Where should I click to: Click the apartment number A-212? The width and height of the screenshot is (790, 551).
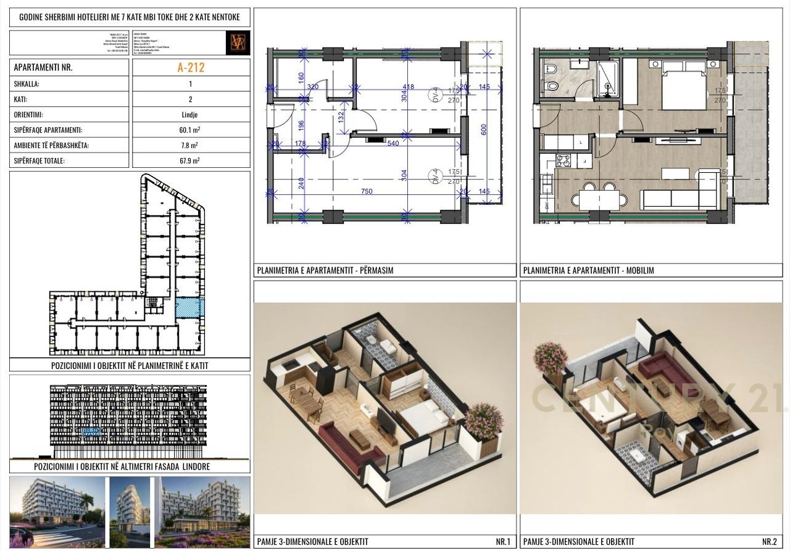[x=191, y=68]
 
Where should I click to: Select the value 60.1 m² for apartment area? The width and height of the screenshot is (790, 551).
[x=191, y=130]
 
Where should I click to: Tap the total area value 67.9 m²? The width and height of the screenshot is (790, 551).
[x=191, y=161]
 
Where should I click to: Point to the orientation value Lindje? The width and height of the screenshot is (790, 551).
[x=191, y=115]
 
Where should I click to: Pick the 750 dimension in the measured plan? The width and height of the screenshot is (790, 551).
[x=367, y=191]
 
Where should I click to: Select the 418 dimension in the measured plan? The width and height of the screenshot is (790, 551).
[x=408, y=87]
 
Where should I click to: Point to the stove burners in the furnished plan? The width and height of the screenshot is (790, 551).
[x=563, y=162]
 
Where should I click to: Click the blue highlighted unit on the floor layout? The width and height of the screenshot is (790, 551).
[x=189, y=307]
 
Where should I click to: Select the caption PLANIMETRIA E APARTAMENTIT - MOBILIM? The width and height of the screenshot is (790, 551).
[x=588, y=270]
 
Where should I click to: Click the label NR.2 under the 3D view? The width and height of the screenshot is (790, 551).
[x=769, y=542]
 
